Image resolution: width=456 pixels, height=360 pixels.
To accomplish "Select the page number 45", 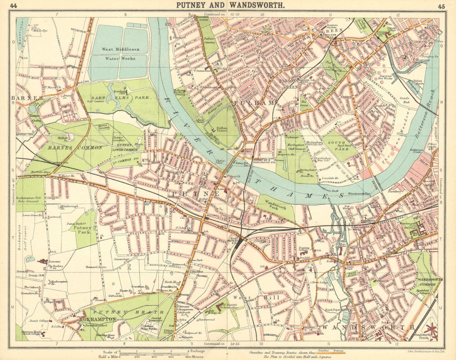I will [441, 6].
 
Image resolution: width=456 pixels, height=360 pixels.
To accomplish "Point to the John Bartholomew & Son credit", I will [420, 351].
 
